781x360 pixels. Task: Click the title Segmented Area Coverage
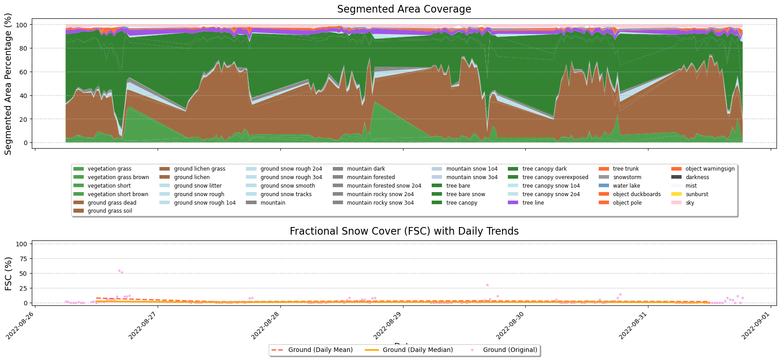[x=404, y=9]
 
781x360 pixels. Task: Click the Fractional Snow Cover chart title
[x=404, y=231]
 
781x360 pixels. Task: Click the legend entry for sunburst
[x=696, y=194]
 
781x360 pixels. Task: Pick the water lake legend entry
[x=626, y=186]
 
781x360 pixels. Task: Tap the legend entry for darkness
[x=697, y=177]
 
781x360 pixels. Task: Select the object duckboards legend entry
[x=636, y=194]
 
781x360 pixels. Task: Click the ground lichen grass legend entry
[x=199, y=169]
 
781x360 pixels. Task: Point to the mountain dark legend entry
[x=365, y=169]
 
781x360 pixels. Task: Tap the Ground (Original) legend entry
[x=510, y=350]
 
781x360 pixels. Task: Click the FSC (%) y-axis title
[x=8, y=274]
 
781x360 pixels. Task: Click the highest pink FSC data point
[x=119, y=270]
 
